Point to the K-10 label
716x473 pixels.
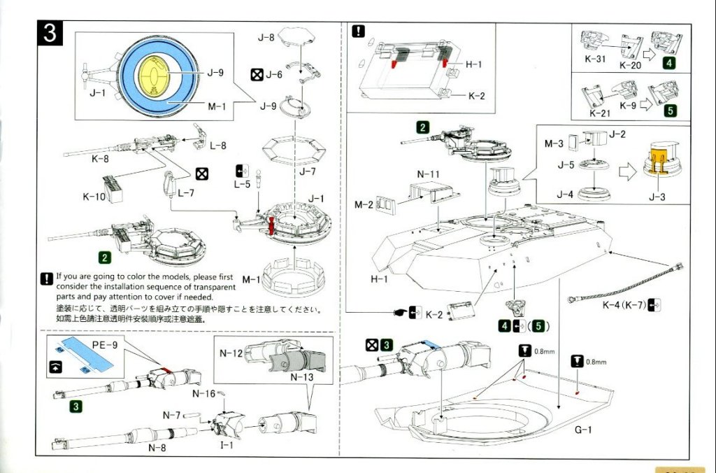click(x=95, y=196)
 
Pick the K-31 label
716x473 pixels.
click(x=594, y=58)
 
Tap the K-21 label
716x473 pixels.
click(x=599, y=113)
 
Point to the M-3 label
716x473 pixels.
click(x=553, y=144)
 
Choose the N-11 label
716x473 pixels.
click(x=427, y=172)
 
